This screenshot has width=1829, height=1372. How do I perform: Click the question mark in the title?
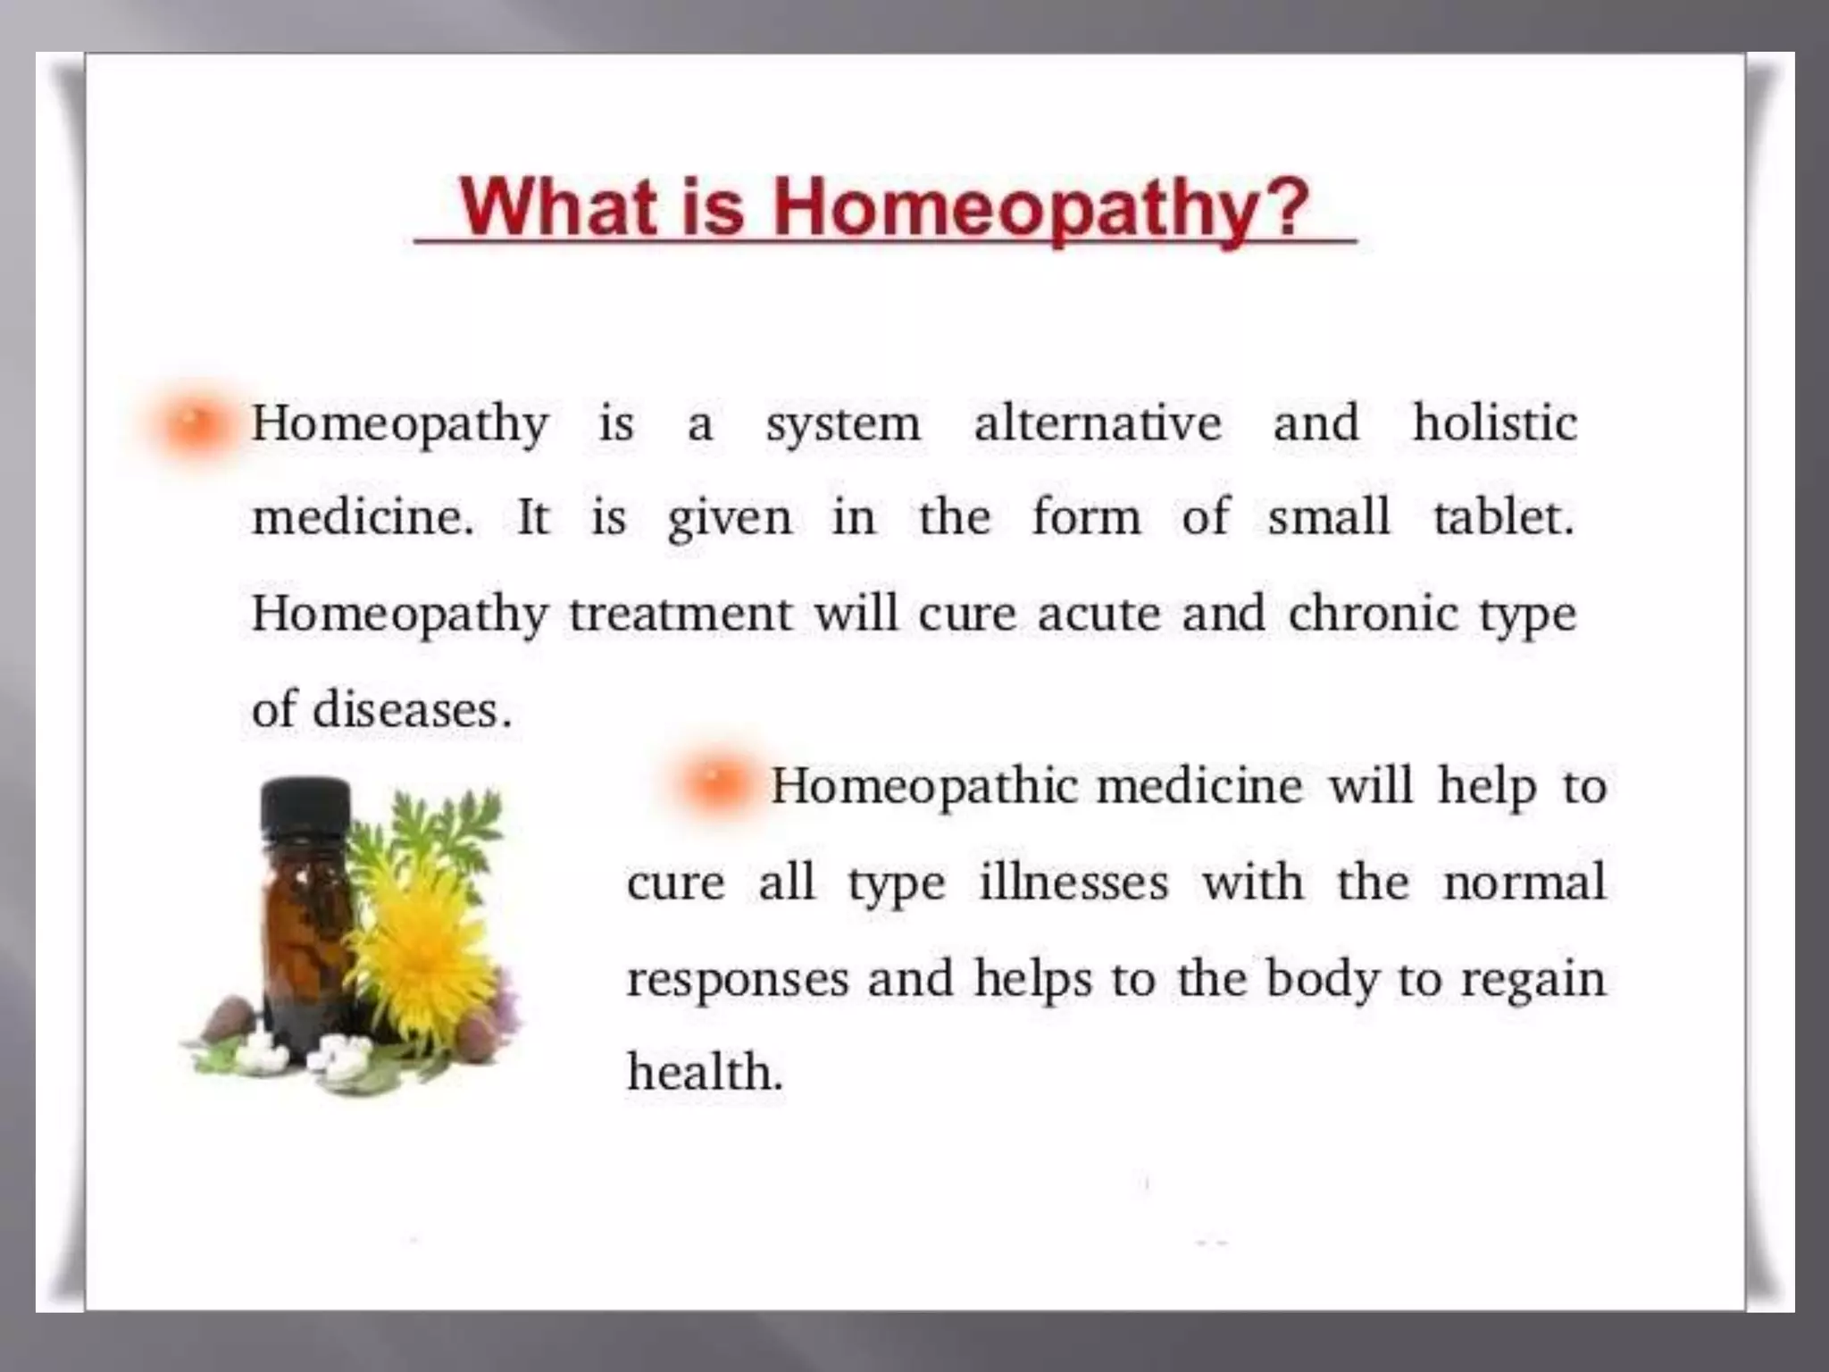click(x=1280, y=207)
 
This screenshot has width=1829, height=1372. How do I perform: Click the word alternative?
click(x=1097, y=423)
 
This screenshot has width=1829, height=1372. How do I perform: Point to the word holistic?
click(x=1494, y=422)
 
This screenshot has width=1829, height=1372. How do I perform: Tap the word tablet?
click(x=1502, y=517)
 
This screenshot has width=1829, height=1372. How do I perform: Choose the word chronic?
click(x=1373, y=614)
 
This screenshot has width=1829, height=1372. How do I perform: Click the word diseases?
click(x=411, y=710)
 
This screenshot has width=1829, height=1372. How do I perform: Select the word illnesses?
click(x=1073, y=883)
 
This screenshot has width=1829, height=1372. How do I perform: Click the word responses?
click(x=737, y=980)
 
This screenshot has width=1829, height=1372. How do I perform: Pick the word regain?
click(x=1533, y=980)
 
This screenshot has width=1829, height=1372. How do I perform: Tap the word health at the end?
click(x=704, y=1072)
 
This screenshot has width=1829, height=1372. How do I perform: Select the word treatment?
click(x=681, y=614)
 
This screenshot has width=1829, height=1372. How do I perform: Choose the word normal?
click(x=1524, y=883)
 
